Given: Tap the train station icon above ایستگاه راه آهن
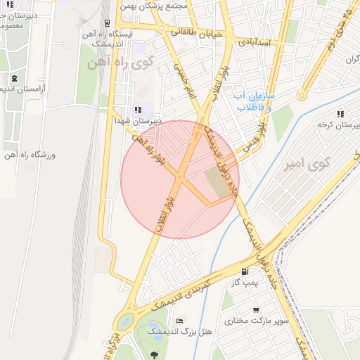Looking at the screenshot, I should click(x=105, y=23).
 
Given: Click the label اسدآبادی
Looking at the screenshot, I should click(x=259, y=41).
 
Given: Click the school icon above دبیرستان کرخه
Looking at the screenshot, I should click(x=340, y=113).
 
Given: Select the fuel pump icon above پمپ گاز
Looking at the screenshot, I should click(x=244, y=272).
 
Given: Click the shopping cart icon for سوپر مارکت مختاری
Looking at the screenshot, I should click(x=256, y=309).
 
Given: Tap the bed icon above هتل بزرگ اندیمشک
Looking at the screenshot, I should click(x=179, y=321).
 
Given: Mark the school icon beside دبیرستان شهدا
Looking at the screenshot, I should click(x=138, y=110).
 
